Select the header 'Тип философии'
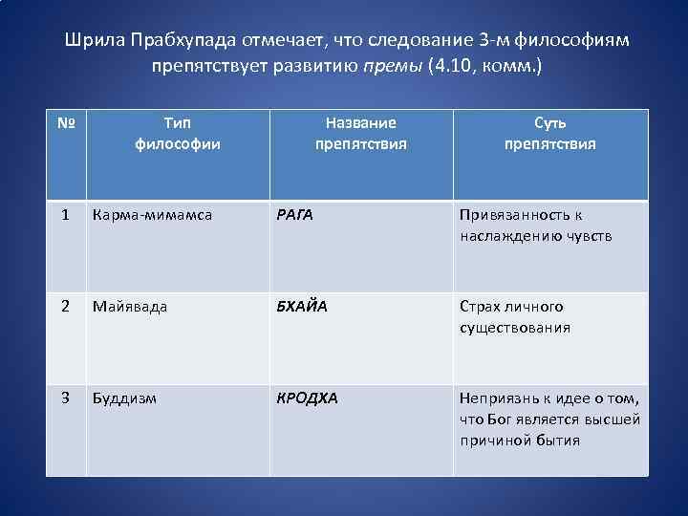[177, 134]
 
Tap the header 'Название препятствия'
[360, 134]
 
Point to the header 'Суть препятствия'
[549, 134]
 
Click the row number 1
[64, 216]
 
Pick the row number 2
[64, 307]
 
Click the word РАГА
[295, 216]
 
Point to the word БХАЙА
[301, 307]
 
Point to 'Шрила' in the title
[91, 42]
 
